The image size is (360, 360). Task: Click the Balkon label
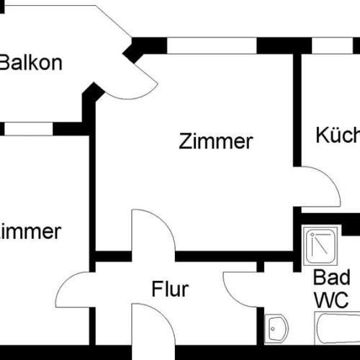pos(31,62)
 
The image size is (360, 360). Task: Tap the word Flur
pos(170,289)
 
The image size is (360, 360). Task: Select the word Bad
pos(331,278)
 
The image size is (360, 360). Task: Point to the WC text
pos(331,299)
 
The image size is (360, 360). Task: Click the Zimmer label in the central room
pos(216,141)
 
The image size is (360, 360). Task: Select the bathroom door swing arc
pos(241,288)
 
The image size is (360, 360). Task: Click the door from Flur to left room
pos(76,288)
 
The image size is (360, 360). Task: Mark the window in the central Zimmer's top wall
pos(212,45)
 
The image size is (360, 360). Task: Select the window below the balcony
pos(29,129)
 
